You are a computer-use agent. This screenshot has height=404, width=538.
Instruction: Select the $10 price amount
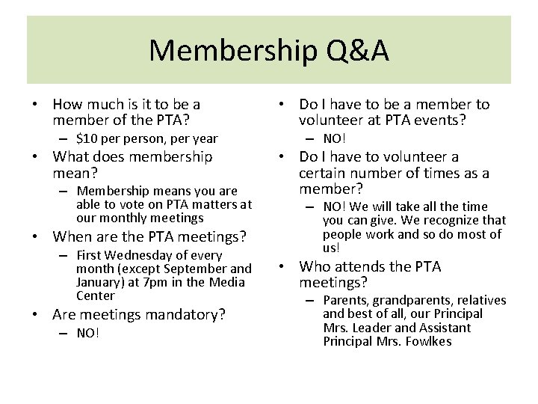pyautogui.click(x=88, y=138)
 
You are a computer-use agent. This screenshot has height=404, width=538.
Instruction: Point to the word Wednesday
pyautogui.click(x=137, y=255)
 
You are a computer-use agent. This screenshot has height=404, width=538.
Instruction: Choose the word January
pyautogui.click(x=99, y=282)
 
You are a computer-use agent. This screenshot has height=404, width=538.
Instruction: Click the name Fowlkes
pyautogui.click(x=429, y=341)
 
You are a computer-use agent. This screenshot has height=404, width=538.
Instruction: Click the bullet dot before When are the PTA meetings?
pyautogui.click(x=36, y=237)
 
